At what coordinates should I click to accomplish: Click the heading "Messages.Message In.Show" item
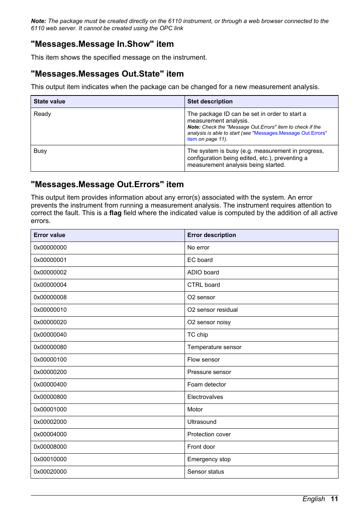[x=102, y=44]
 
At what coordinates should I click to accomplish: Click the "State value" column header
[x=49, y=102]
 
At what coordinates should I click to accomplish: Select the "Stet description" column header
[x=210, y=102]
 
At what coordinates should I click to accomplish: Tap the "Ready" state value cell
[x=42, y=114]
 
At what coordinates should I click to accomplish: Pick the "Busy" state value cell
[x=40, y=151]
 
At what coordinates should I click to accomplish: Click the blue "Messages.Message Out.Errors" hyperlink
[x=289, y=133]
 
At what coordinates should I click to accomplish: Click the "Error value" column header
[x=49, y=235]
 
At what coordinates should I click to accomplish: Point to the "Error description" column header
[x=211, y=235]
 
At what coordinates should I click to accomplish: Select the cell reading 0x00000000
[x=50, y=248]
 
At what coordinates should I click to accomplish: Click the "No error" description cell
[x=198, y=248]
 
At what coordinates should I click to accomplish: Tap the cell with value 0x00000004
[x=50, y=285]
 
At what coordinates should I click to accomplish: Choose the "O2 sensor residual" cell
[x=212, y=310]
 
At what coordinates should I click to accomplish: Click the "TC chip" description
[x=197, y=335]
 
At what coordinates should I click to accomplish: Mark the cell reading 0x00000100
[x=50, y=360]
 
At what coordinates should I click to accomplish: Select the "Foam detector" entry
[x=206, y=385]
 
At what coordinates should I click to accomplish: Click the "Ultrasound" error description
[x=202, y=422]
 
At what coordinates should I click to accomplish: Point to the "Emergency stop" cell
[x=209, y=459]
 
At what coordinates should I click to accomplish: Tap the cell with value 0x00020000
[x=50, y=472]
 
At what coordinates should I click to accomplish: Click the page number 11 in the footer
[x=334, y=499]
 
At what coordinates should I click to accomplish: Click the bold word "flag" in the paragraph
[x=115, y=213]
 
